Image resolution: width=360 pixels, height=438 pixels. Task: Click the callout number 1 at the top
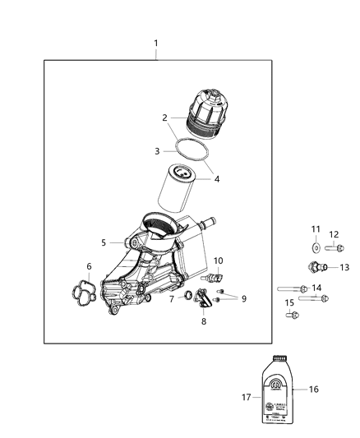click(156, 43)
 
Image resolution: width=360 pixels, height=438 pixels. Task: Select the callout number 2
click(165, 118)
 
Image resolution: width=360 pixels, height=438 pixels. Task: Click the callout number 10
click(218, 260)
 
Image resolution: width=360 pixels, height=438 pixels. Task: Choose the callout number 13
click(344, 267)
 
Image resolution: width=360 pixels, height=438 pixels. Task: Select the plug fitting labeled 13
click(315, 266)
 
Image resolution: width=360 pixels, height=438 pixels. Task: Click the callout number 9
click(243, 298)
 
